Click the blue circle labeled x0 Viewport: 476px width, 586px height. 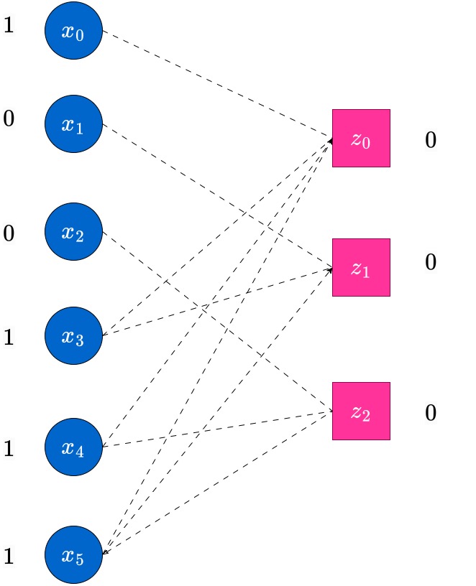[74, 31]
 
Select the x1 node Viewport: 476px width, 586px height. [74, 124]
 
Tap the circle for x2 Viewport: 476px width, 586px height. [74, 232]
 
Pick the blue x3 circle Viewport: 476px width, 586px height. [74, 335]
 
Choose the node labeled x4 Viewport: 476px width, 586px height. [74, 447]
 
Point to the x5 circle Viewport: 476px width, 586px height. [74, 554]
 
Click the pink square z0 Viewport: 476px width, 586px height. [361, 139]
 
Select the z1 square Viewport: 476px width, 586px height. [361, 268]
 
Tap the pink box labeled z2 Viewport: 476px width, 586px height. [361, 411]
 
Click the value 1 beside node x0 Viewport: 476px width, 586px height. [9, 25]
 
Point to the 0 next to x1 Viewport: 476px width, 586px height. [9, 118]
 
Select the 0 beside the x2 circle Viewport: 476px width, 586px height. [9, 233]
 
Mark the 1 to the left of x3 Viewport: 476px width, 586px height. [9, 337]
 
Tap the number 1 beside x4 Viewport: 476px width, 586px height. [9, 448]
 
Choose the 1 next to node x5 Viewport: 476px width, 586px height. [9, 556]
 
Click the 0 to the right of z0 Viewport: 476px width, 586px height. [431, 140]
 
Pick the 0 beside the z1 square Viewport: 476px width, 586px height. [431, 262]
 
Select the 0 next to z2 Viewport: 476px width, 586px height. [431, 413]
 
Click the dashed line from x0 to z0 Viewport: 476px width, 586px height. [217, 85]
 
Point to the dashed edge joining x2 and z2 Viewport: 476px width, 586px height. [217, 322]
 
